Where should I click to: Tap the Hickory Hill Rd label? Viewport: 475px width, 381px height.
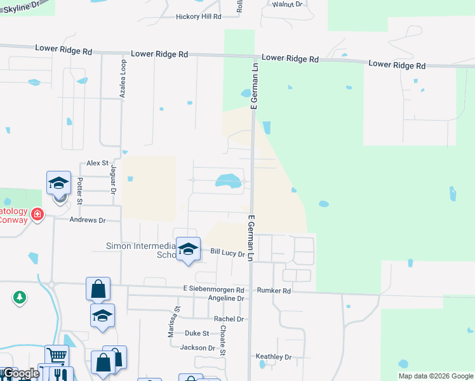(x=198, y=17)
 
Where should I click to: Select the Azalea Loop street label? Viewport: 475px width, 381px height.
(x=123, y=79)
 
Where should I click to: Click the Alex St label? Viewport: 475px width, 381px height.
(x=98, y=163)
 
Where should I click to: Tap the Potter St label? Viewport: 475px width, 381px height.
(x=80, y=191)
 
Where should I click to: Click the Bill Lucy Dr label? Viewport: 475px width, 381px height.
(x=227, y=253)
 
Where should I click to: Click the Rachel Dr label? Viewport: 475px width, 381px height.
(x=229, y=319)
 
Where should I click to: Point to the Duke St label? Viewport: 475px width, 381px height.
(x=197, y=333)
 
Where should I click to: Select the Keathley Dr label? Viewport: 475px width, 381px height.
(x=273, y=357)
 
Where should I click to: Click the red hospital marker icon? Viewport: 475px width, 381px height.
(x=37, y=215)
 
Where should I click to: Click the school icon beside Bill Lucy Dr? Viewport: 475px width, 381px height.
(x=188, y=250)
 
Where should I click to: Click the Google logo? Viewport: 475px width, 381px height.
(x=20, y=373)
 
